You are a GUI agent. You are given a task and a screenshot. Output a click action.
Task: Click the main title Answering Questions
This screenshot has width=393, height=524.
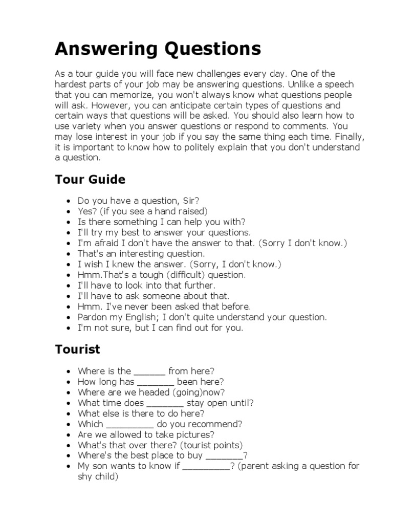click(x=158, y=49)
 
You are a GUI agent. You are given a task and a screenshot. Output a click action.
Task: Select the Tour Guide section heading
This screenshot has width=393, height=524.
click(x=90, y=180)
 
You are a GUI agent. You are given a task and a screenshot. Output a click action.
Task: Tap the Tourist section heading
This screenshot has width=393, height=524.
click(x=77, y=350)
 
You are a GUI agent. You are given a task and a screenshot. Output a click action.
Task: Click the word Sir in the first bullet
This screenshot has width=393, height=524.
click(x=189, y=200)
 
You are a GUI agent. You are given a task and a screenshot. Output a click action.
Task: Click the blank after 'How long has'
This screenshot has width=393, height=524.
click(x=156, y=382)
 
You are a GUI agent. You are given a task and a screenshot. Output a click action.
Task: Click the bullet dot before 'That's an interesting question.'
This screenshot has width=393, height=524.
click(x=69, y=254)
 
